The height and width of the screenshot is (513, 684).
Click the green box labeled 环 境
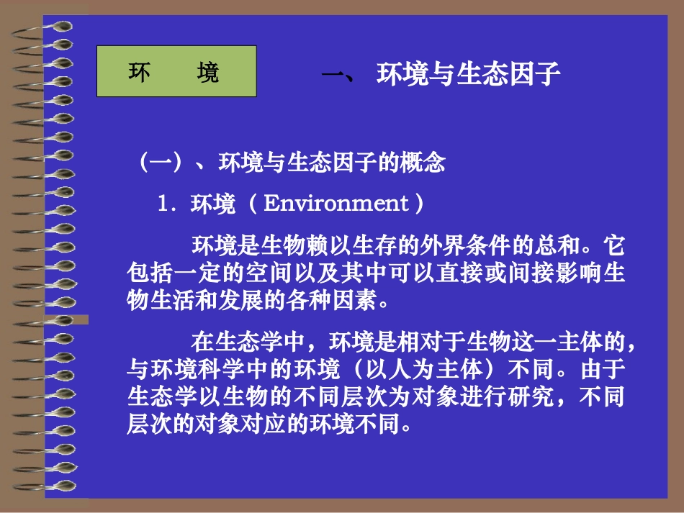pyautogui.click(x=176, y=71)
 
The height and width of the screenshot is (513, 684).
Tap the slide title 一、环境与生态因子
pyautogui.click(x=439, y=75)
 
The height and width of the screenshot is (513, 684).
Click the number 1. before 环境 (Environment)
pyautogui.click(x=166, y=204)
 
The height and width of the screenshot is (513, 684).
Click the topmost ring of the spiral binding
pyautogui.click(x=58, y=26)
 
